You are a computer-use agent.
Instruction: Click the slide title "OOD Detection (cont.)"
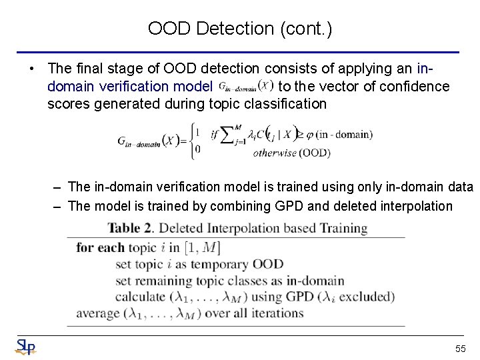click(x=239, y=29)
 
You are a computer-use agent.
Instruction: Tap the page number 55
click(x=460, y=349)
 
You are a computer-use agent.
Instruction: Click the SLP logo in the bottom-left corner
click(x=25, y=347)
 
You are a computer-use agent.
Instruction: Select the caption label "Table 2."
click(x=131, y=229)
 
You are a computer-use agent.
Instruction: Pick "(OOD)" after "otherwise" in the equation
click(x=314, y=153)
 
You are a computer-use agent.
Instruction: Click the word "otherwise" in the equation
click(x=275, y=153)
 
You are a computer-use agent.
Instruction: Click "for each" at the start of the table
click(x=100, y=248)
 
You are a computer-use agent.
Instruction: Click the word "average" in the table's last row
click(x=99, y=313)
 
